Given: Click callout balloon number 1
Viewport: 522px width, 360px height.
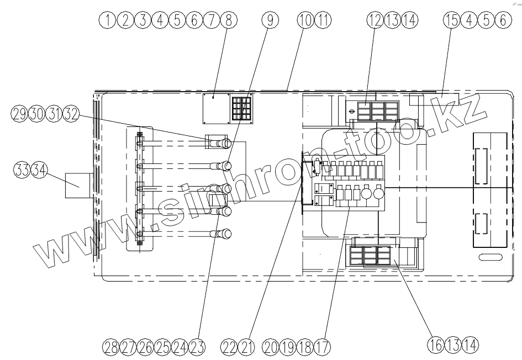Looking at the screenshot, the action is click(108, 20).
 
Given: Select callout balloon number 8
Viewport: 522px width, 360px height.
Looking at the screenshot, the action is click(229, 20).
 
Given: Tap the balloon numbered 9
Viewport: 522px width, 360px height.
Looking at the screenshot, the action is click(270, 20).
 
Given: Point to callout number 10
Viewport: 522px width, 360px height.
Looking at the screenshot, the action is click(305, 20).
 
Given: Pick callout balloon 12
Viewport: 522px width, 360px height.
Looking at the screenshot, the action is click(375, 20).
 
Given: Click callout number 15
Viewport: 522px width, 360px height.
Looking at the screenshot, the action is click(452, 20).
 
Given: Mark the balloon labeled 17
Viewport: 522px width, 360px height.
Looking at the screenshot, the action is click(322, 347).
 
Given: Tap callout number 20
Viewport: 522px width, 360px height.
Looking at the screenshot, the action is click(271, 347).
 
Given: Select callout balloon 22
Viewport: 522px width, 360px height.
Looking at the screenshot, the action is click(229, 347).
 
